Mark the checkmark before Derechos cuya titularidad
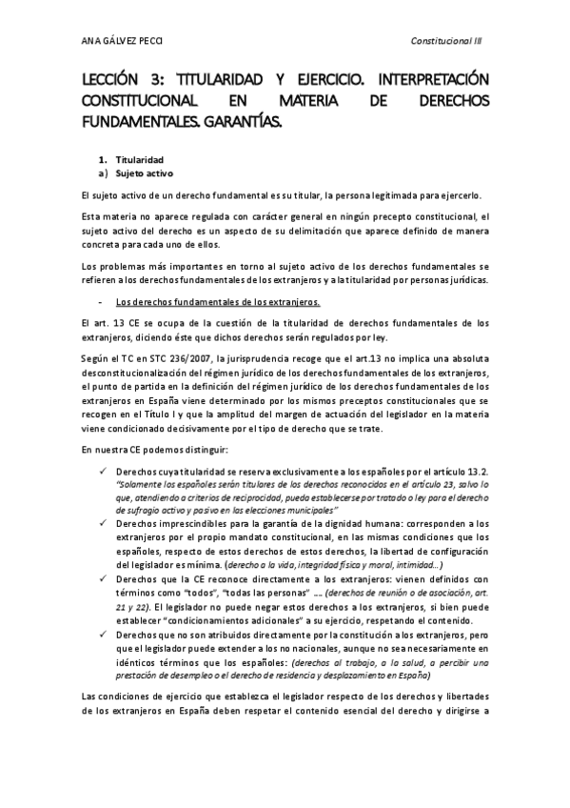click(101, 472)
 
